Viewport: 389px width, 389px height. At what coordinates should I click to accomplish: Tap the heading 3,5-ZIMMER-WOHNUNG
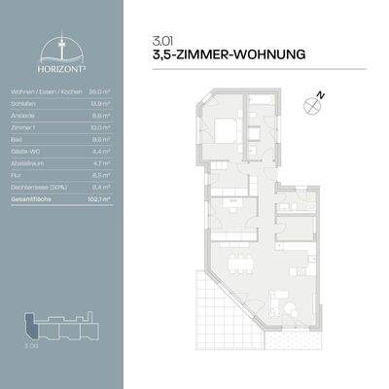230,55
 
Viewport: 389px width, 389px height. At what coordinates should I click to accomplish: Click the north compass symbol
314,100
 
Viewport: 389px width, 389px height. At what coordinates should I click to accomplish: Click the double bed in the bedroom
227,129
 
